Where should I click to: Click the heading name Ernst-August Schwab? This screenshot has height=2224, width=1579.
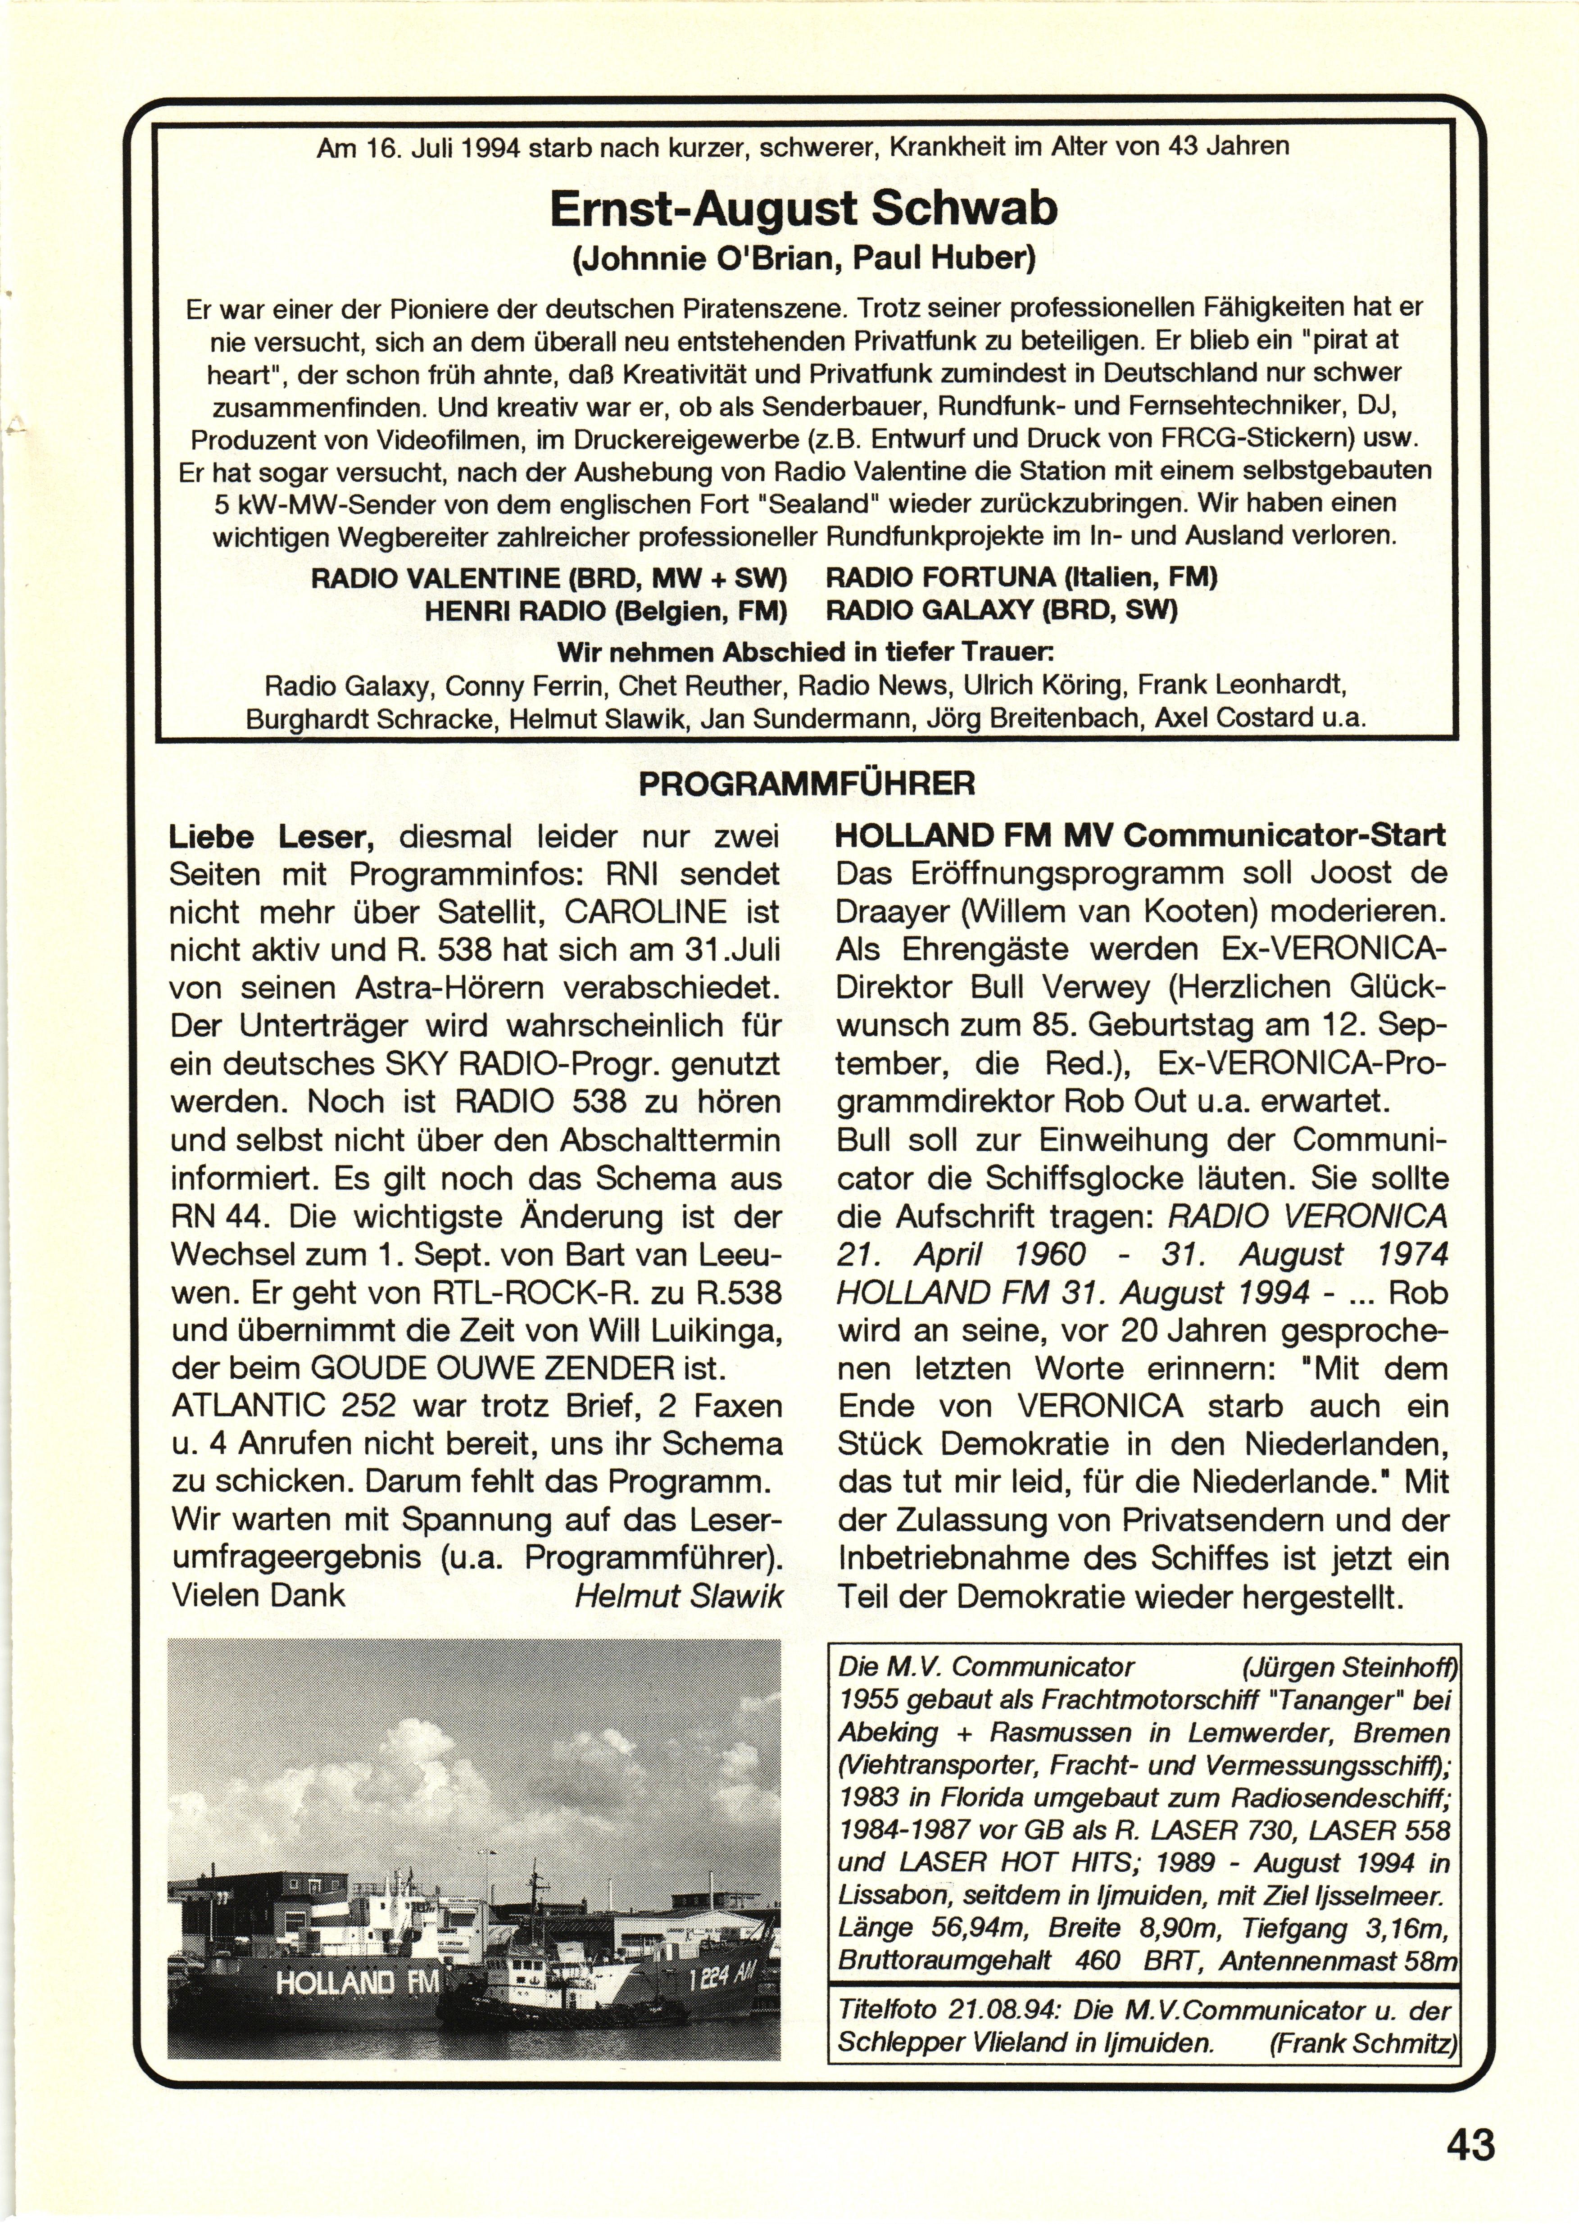tap(803, 209)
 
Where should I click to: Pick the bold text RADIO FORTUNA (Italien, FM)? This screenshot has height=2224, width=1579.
tap(1021, 577)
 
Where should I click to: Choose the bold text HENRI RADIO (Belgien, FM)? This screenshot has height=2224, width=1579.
tap(605, 610)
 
